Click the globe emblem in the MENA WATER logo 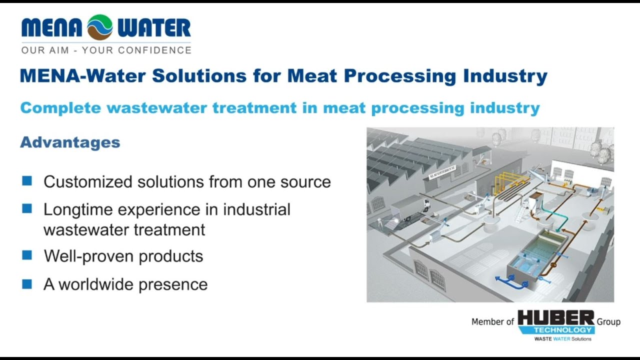point(99,27)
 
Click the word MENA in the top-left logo point(51,28)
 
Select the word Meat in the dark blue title point(311,76)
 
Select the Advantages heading point(70,142)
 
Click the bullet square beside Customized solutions point(27,181)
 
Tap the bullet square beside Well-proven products point(27,255)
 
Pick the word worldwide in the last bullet point(96,284)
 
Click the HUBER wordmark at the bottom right point(555,318)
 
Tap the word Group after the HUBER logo point(608,322)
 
